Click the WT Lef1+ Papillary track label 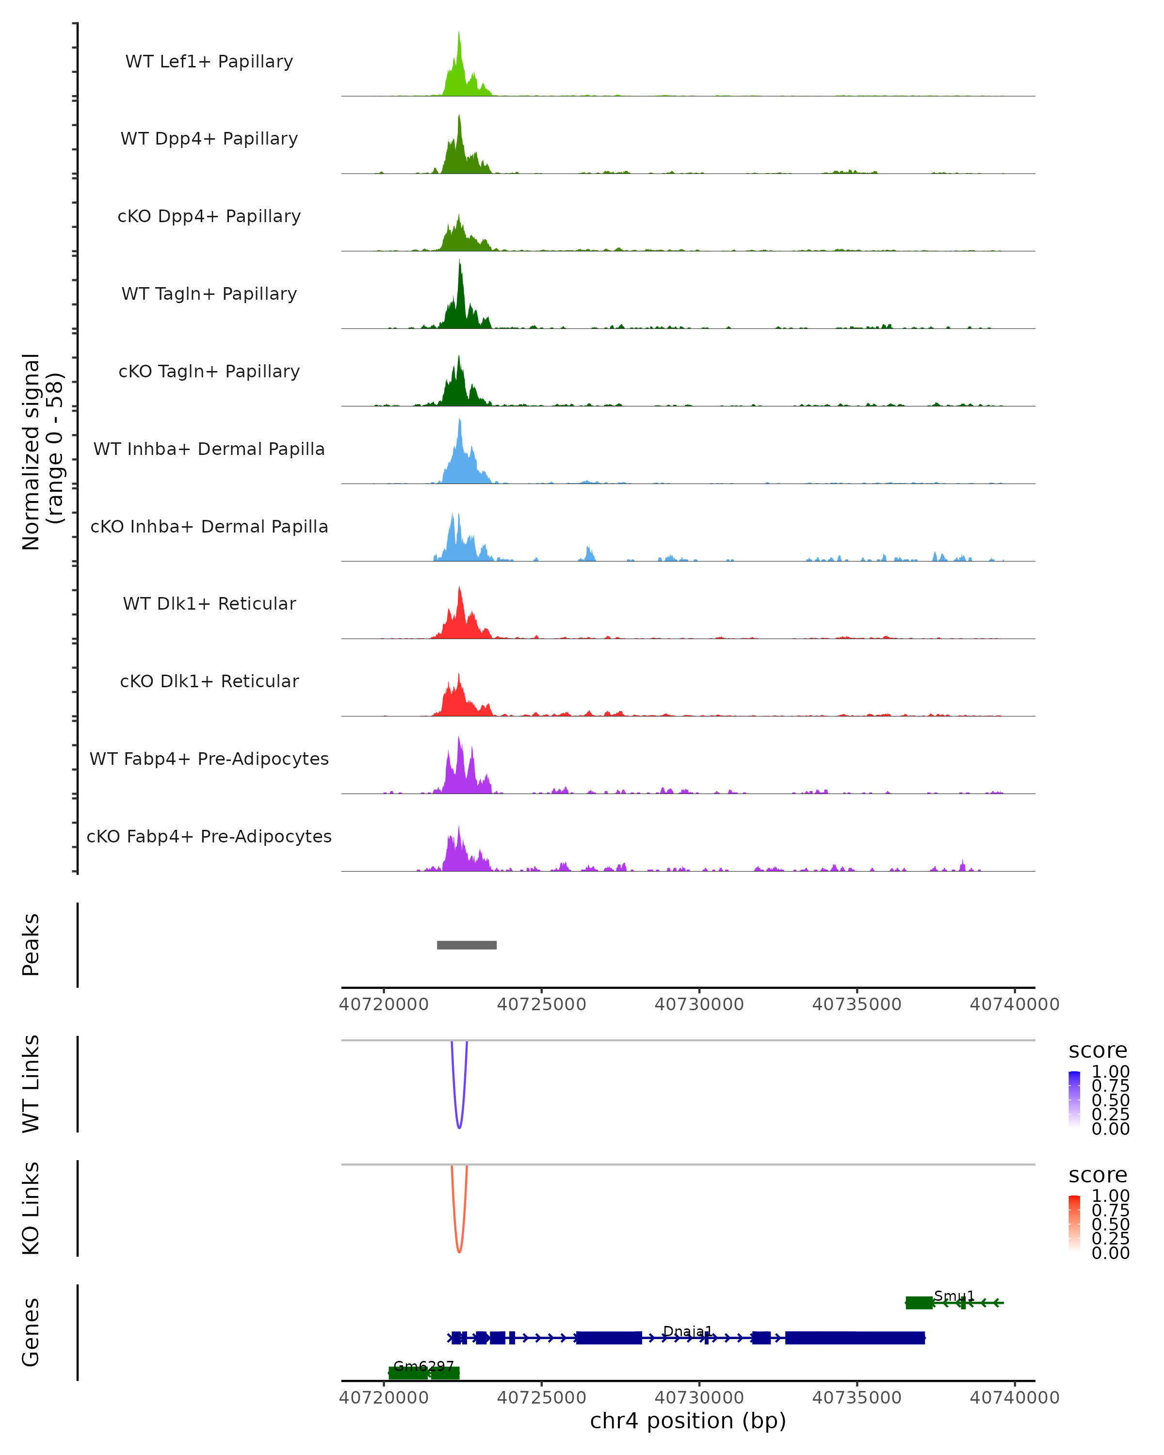(x=209, y=62)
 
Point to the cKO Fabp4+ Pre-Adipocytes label (x=209, y=836)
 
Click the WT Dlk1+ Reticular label (x=209, y=603)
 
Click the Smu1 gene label (x=954, y=1296)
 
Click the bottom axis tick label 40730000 (x=699, y=1398)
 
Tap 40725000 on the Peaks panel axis (x=541, y=1004)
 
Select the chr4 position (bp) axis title (x=688, y=1421)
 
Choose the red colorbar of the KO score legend (x=1074, y=1224)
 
